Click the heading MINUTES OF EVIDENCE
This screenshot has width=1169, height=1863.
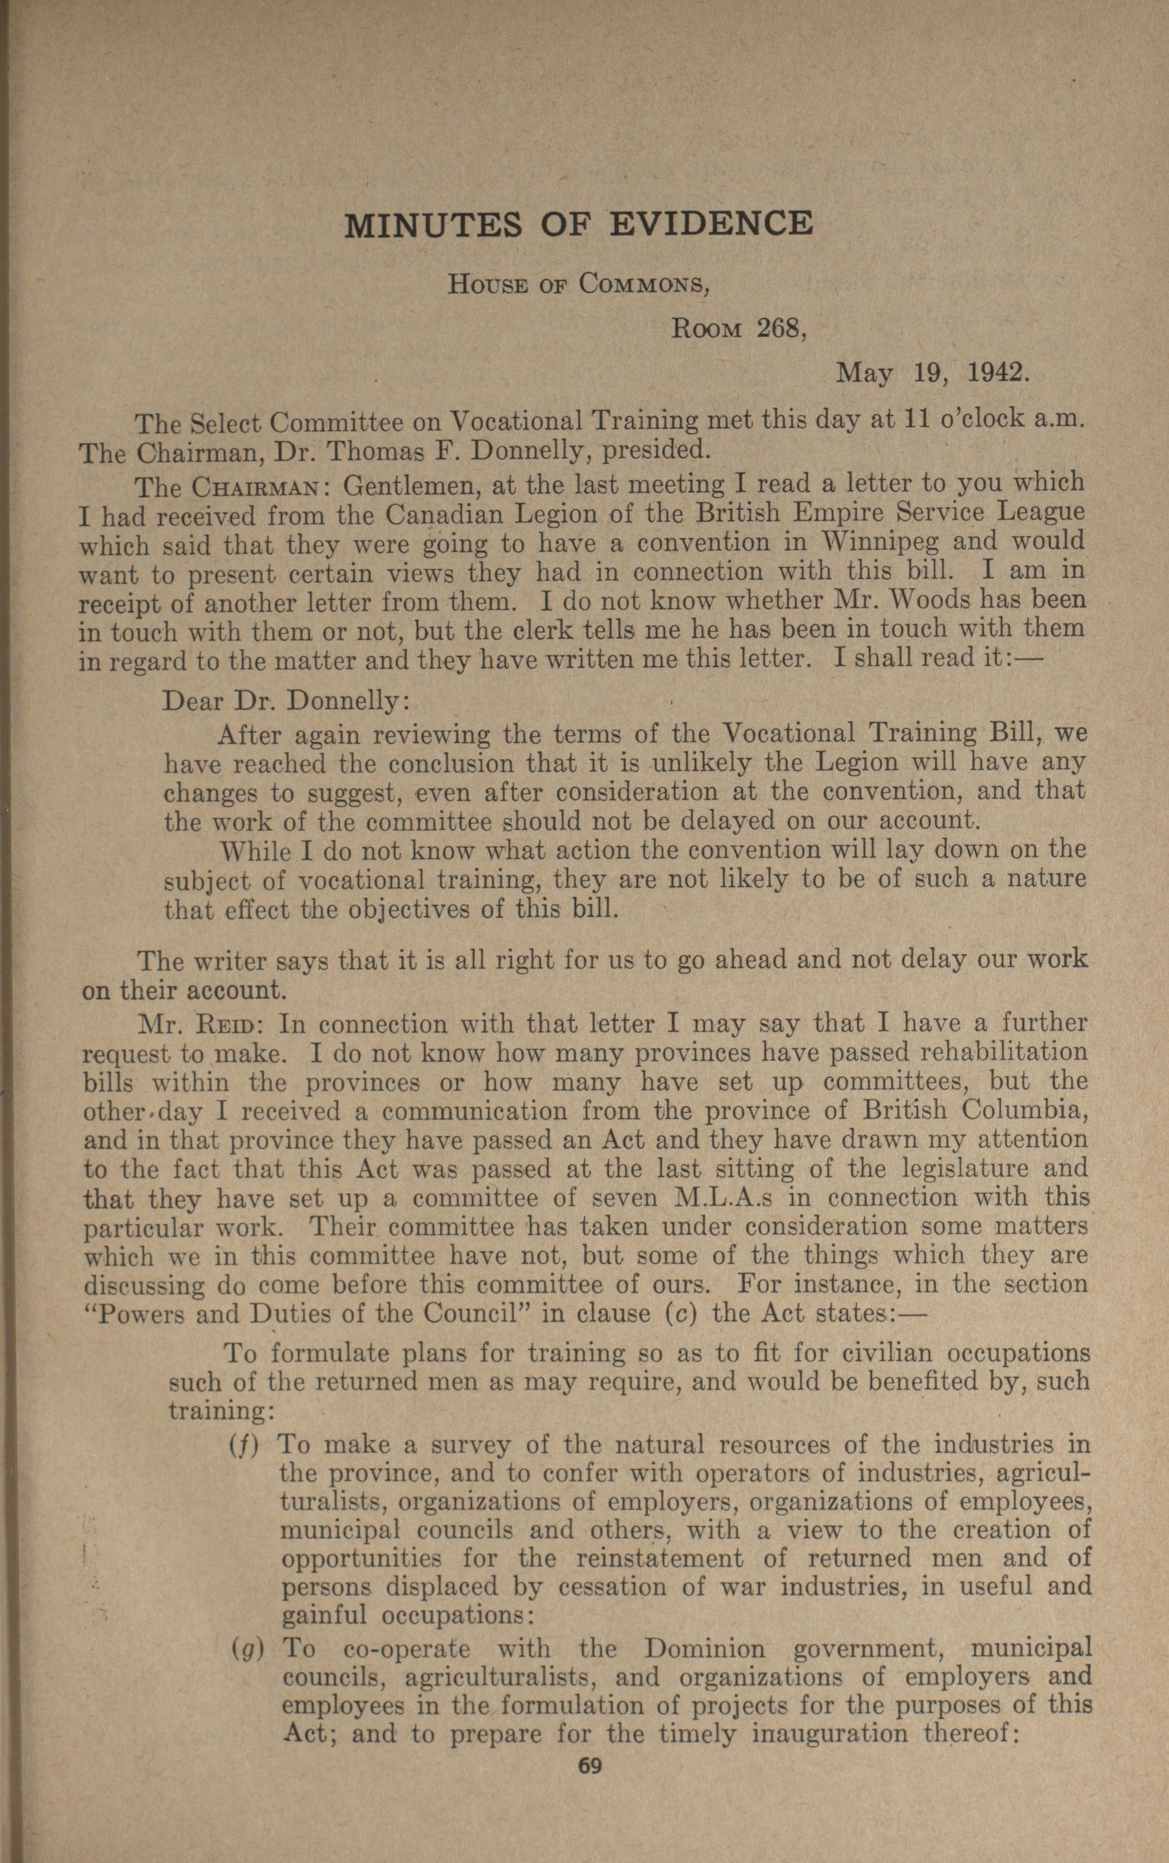tap(578, 224)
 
